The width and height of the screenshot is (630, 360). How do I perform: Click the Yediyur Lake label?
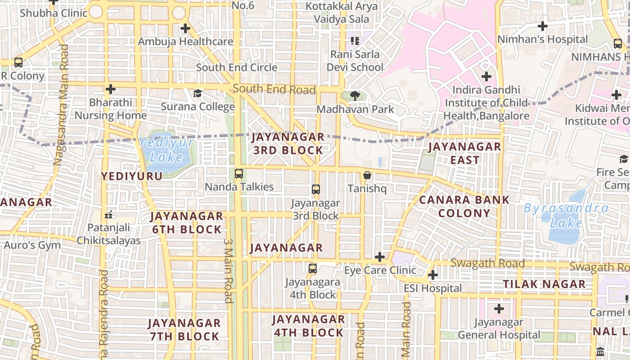(x=166, y=150)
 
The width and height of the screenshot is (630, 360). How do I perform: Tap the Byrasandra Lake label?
(x=566, y=216)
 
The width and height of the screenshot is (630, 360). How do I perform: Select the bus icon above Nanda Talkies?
(x=239, y=174)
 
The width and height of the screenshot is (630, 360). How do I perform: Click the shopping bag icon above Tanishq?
(x=367, y=175)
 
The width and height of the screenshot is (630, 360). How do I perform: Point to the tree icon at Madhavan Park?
(x=355, y=95)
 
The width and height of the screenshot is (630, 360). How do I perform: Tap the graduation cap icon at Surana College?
(x=198, y=94)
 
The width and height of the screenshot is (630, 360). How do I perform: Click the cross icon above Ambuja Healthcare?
(x=185, y=29)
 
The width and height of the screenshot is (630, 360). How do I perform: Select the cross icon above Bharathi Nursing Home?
(x=111, y=89)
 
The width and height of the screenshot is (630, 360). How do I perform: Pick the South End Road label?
(x=274, y=89)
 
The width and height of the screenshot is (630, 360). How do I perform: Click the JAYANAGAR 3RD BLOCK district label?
(x=288, y=144)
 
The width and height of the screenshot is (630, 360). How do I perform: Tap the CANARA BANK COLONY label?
(x=464, y=207)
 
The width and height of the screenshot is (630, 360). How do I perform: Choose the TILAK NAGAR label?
(x=544, y=284)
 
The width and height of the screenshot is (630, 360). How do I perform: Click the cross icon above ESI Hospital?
(x=433, y=275)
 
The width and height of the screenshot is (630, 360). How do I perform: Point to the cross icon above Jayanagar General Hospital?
(x=499, y=309)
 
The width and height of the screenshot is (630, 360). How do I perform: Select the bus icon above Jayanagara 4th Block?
(x=313, y=269)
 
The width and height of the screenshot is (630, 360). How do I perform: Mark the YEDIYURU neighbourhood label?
(x=132, y=176)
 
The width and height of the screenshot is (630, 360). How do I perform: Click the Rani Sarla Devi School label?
(x=355, y=61)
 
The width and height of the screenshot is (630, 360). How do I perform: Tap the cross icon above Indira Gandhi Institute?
(x=486, y=76)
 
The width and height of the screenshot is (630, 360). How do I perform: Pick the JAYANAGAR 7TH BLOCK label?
(x=184, y=329)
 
